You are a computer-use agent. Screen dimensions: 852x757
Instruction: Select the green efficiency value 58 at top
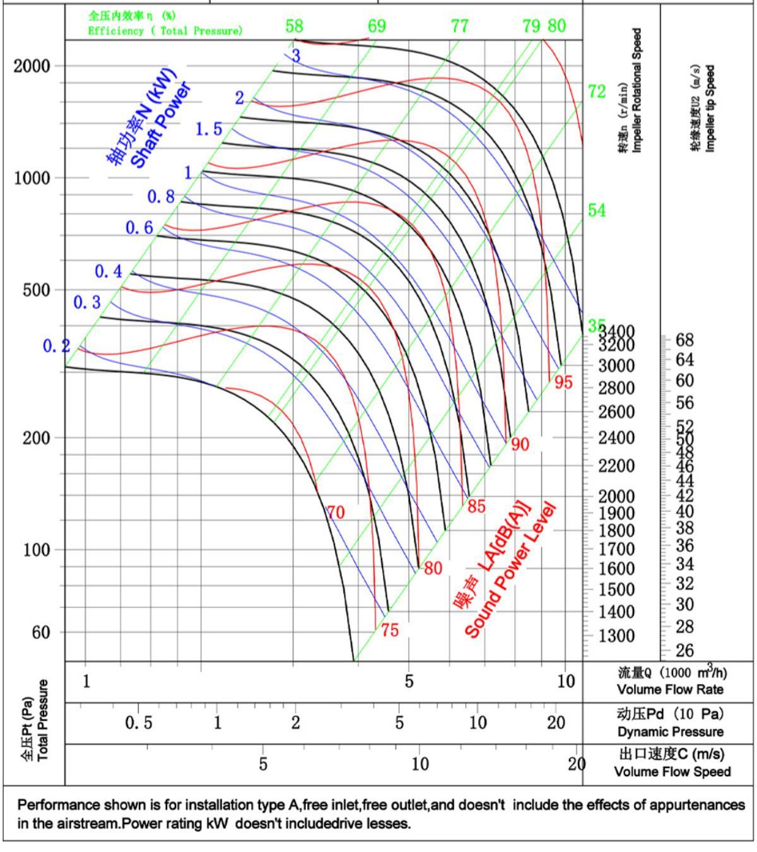click(294, 26)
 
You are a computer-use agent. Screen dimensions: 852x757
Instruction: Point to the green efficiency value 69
click(377, 26)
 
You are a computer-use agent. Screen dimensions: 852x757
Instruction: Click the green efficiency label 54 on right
click(597, 211)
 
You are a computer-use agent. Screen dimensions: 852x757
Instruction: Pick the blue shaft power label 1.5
click(209, 129)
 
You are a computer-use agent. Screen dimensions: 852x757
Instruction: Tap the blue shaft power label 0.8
click(161, 197)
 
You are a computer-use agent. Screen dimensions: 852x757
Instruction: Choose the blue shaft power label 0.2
click(56, 346)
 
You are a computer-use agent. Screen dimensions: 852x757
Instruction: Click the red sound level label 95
click(563, 382)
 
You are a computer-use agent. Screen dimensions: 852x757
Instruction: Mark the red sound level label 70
click(336, 512)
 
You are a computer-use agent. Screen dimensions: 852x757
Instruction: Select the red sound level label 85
click(476, 506)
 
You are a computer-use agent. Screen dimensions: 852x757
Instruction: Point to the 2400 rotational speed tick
click(616, 437)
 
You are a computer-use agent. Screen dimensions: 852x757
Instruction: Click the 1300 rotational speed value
click(616, 636)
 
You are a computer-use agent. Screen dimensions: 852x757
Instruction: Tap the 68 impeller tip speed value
click(684, 341)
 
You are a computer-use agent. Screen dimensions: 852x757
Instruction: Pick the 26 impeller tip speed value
click(684, 650)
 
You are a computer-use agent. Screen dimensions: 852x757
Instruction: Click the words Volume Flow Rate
click(670, 689)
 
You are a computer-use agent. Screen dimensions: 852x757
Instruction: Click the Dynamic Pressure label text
click(671, 732)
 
